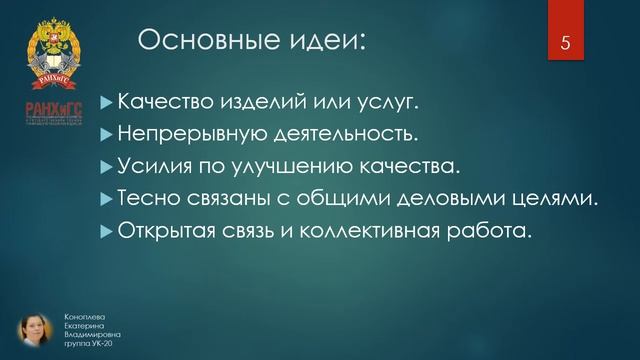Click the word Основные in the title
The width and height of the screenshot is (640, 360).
coord(196,41)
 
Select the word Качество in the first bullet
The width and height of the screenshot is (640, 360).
coord(161,101)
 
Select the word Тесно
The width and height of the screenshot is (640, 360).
coord(147,198)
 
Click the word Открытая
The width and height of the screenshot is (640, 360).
coord(166,231)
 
